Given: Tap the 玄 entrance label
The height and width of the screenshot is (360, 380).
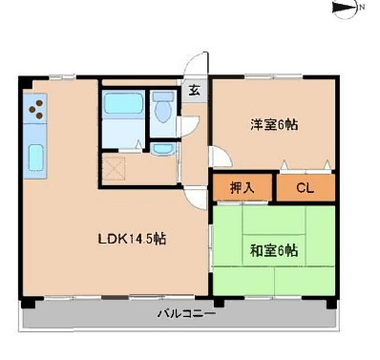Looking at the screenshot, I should pos(193,93).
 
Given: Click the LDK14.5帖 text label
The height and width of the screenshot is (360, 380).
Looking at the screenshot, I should pos(134,239).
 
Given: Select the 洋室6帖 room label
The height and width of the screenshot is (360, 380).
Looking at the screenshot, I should pos(274,124).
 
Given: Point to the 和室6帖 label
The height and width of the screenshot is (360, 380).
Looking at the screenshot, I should pos(273,251).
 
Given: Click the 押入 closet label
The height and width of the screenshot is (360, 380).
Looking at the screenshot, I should pos(243,188).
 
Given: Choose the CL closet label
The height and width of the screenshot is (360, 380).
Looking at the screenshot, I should pos(305,188).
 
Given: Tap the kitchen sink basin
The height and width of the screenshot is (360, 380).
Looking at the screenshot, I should pos(38,156).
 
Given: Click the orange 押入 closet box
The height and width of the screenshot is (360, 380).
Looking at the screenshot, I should pos(243,188).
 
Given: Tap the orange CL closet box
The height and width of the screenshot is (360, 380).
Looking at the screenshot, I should pos(306,188).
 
